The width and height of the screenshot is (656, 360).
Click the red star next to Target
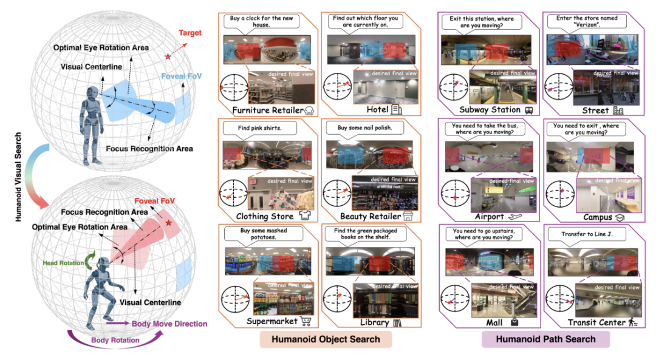[x=167, y=57]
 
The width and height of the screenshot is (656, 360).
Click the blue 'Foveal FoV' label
[x=180, y=77]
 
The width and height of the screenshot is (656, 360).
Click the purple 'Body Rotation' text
[x=115, y=341]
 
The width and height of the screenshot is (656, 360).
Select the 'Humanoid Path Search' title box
[x=545, y=339]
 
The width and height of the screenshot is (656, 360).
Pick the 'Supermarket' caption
[x=270, y=321]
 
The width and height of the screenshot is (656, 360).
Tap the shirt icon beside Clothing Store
[x=305, y=216]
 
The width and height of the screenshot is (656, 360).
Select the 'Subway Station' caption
[x=490, y=110]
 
